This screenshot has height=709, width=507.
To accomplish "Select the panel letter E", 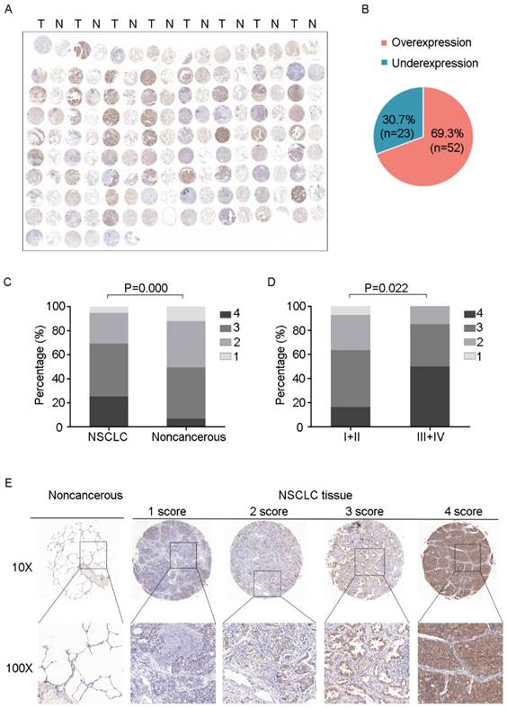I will coord(9,484).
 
